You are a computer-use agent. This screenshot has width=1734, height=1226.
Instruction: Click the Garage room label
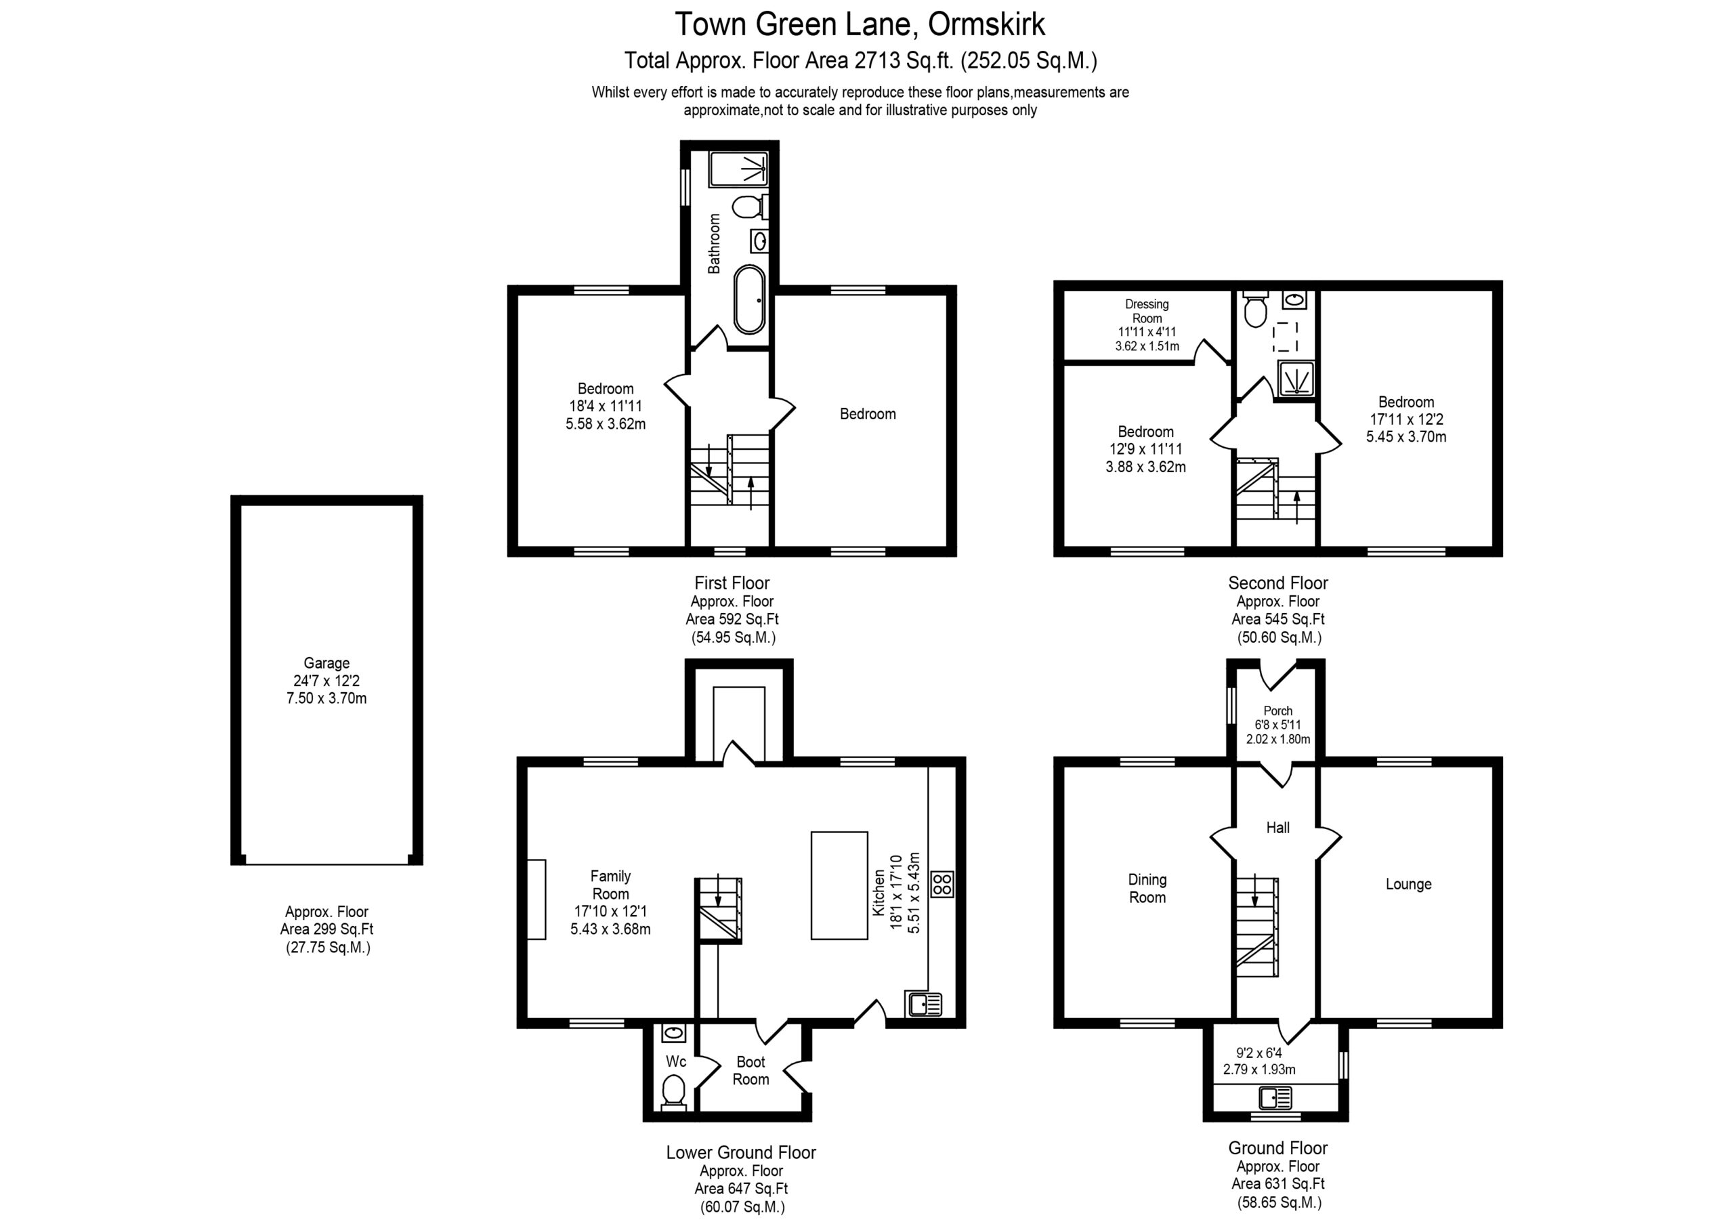[326, 663]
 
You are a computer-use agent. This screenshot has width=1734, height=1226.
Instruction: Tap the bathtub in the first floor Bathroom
[749, 299]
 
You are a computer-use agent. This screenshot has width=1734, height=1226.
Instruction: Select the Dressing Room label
[1147, 311]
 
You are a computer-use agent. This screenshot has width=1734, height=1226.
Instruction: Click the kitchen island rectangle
[839, 885]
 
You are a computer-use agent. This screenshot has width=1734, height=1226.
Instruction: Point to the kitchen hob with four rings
[942, 884]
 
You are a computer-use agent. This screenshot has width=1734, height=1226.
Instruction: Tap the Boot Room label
[750, 1070]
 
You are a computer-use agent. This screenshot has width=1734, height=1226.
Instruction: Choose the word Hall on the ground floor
[1278, 828]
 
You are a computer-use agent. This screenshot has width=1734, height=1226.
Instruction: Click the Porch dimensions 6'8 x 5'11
[1278, 724]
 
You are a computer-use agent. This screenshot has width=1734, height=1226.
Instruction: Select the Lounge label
[1408, 885]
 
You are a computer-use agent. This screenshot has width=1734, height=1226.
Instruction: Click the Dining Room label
[1147, 888]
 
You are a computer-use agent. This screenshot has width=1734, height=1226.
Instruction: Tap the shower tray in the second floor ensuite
[1296, 379]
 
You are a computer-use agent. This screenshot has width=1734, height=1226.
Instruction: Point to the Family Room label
[610, 885]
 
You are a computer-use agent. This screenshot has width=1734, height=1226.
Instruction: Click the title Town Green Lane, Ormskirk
[860, 24]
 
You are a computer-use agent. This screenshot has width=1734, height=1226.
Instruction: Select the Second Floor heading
[1278, 583]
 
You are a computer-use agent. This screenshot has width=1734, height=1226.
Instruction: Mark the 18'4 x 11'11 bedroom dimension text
[606, 406]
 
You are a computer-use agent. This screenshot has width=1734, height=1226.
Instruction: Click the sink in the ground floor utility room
[1275, 1097]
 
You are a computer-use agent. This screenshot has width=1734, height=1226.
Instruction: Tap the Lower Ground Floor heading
[741, 1153]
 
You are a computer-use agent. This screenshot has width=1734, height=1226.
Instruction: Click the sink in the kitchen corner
[925, 1004]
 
